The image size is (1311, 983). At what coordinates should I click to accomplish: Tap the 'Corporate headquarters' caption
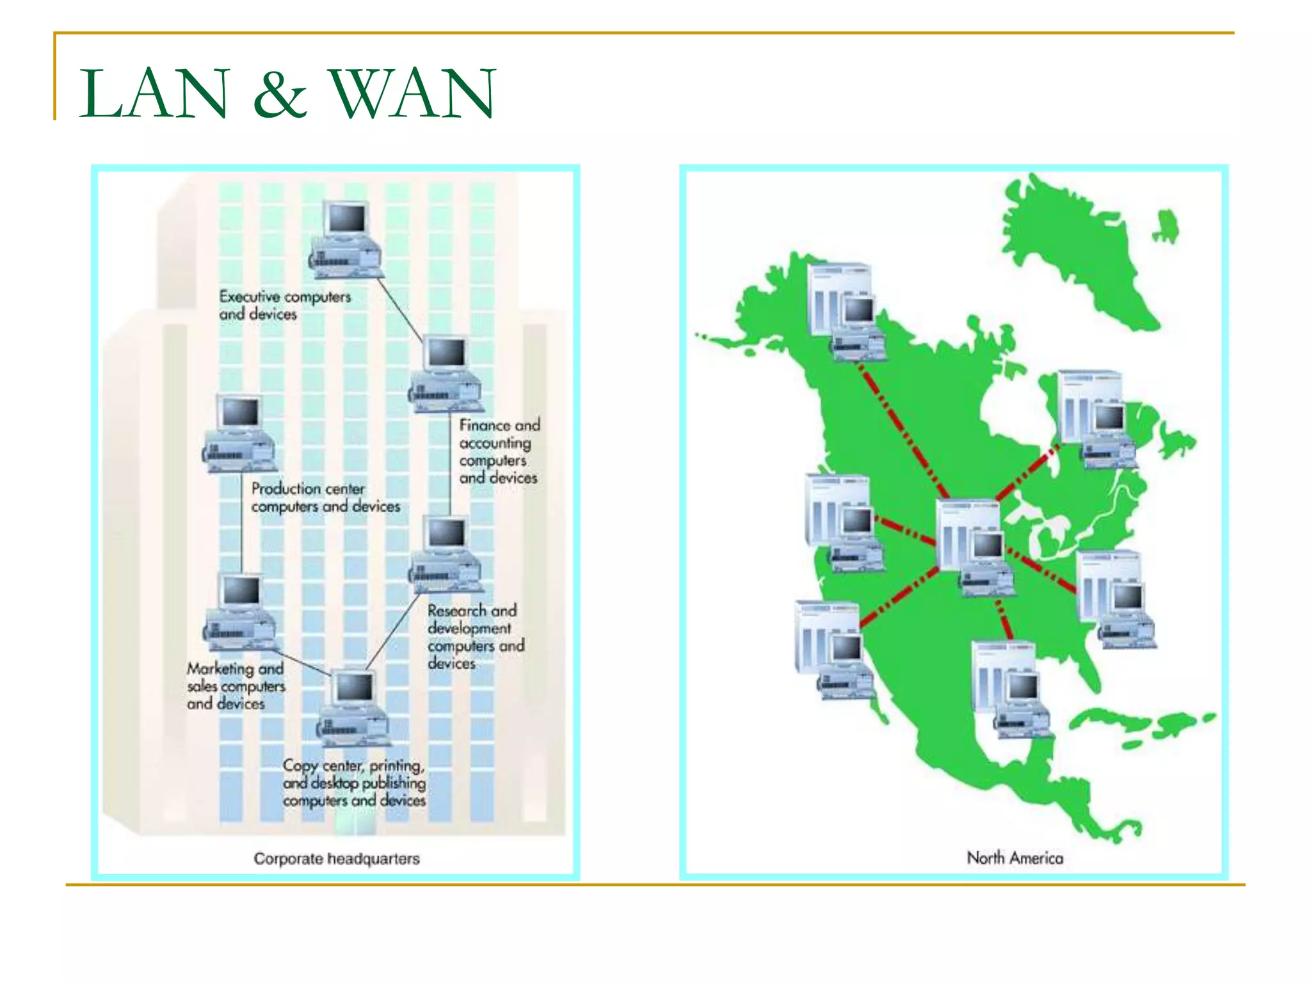[x=336, y=858]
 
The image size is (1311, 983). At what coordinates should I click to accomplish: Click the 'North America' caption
[x=1015, y=858]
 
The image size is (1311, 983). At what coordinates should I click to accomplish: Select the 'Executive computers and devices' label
[x=284, y=305]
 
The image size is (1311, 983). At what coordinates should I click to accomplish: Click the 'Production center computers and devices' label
[x=325, y=497]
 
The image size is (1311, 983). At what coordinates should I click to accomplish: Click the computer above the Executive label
[x=346, y=240]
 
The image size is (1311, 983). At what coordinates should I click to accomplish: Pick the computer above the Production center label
[x=240, y=433]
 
